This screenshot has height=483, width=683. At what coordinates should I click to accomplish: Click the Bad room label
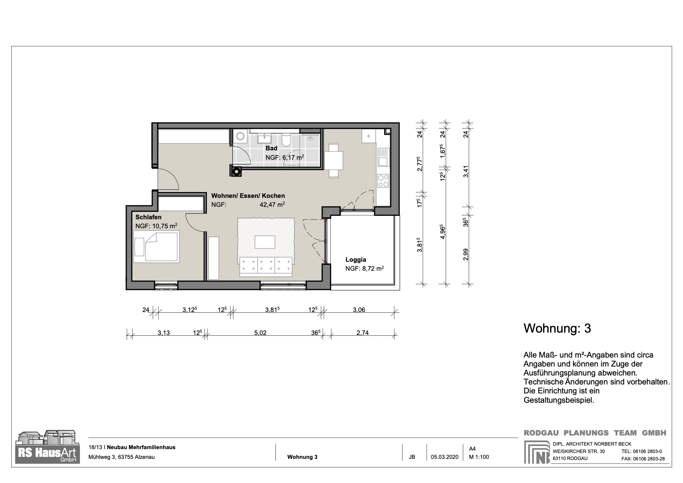pos(271,148)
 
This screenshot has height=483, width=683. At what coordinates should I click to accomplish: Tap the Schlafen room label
pos(148,217)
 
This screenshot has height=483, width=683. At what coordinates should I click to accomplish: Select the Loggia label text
pos(356,259)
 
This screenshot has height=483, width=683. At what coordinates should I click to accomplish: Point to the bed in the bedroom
pos(157,247)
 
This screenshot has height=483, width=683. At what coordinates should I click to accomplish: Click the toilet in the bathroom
pos(286,140)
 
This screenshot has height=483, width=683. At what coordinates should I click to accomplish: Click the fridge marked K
pos(368,136)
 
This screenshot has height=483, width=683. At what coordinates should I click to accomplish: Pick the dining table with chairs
pos(334,160)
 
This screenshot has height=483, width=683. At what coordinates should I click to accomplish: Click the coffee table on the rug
pos(265,242)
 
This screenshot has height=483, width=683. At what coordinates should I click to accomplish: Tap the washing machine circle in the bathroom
pos(240,136)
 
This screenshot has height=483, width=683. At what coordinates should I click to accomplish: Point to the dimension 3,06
pos(358,310)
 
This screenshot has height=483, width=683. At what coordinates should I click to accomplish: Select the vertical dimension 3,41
pos(466,171)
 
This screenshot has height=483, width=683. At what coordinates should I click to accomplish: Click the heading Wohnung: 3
pos(557,328)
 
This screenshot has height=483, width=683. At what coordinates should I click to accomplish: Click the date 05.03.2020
pos(445,457)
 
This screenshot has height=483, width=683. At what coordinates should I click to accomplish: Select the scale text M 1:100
pos(478,457)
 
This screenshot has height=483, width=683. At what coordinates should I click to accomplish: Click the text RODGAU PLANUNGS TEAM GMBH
pos(595,433)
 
